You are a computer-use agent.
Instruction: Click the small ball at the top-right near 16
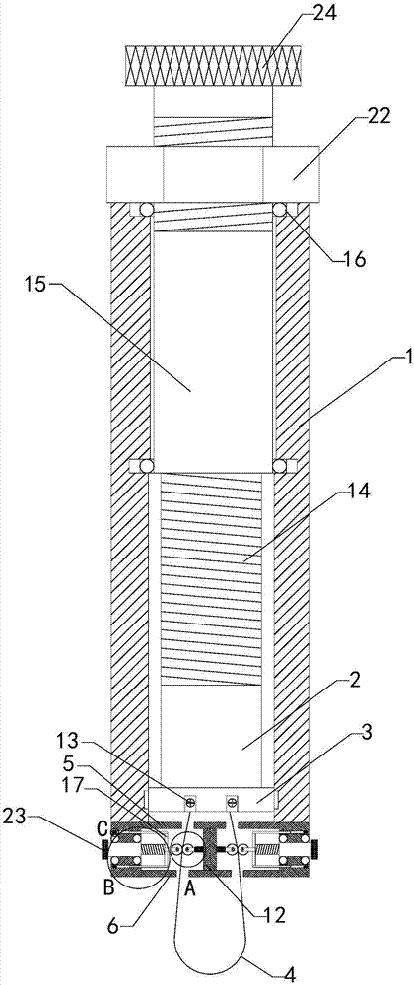click(280, 210)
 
